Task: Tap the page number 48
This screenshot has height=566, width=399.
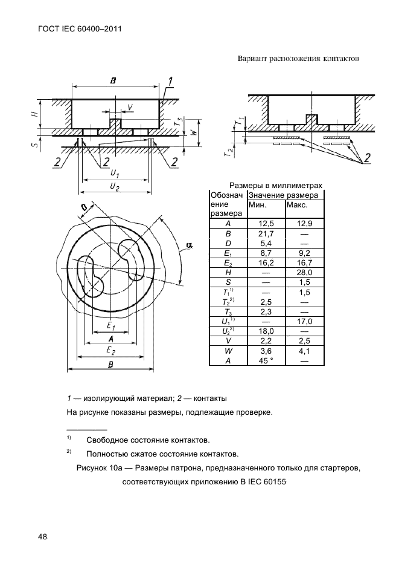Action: click(x=43, y=536)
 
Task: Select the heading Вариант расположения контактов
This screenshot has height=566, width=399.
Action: click(x=298, y=59)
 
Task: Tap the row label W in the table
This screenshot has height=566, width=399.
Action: click(x=228, y=351)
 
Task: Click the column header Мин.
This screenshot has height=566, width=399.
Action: click(x=258, y=206)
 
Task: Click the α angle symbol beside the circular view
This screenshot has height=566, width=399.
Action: click(x=189, y=245)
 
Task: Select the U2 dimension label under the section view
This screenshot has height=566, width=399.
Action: click(x=114, y=188)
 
